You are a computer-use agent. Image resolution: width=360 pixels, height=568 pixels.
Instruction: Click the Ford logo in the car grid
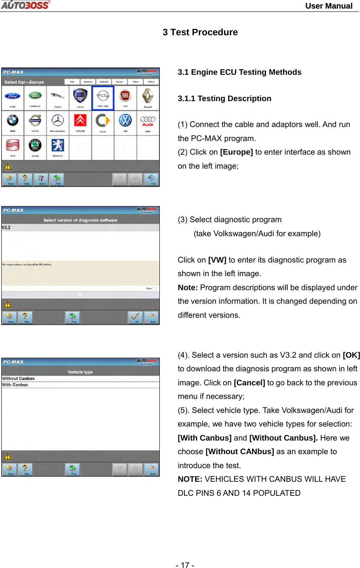coord(12,96)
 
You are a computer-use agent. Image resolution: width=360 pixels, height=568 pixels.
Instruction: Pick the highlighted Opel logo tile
coord(103,97)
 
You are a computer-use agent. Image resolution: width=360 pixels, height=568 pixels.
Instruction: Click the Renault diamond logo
coord(147,96)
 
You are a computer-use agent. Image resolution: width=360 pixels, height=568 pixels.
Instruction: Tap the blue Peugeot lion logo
coord(57,146)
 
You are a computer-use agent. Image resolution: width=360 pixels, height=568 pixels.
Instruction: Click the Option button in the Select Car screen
coord(41,179)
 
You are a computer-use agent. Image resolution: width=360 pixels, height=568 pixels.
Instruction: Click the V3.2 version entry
coord(6,228)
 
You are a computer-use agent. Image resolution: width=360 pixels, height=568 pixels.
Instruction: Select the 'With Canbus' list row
coord(15,385)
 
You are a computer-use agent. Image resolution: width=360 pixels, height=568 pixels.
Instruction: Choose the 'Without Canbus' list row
coord(19,379)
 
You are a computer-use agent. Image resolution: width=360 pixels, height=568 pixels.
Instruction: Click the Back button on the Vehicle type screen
coord(152,469)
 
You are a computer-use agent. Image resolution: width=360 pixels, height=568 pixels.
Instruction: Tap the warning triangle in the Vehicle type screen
coord(7,456)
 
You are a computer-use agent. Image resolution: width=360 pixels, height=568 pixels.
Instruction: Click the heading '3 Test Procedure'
coord(200,32)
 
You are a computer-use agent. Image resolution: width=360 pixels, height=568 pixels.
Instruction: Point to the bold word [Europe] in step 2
coord(236,152)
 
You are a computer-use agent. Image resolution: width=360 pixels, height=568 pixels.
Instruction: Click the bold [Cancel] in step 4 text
coord(249,383)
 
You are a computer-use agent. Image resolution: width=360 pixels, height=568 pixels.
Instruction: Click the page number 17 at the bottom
coord(185,565)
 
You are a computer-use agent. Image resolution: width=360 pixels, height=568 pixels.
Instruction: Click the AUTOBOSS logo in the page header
coord(25,5)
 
